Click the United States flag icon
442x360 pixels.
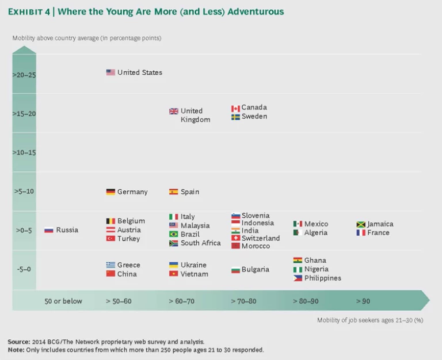click(x=110, y=72)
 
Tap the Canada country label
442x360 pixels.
click(x=254, y=108)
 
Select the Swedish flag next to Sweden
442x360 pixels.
click(x=235, y=117)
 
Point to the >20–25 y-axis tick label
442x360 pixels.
click(x=24, y=74)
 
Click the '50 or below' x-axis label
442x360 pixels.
click(x=63, y=301)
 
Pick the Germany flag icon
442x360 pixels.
click(x=110, y=192)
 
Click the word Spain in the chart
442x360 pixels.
click(x=190, y=192)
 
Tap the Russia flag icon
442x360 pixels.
click(x=49, y=230)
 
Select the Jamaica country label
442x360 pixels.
click(x=380, y=224)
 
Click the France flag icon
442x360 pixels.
click(x=361, y=233)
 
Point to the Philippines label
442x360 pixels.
click(x=323, y=278)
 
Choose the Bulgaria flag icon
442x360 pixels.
click(x=235, y=270)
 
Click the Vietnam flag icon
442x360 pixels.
click(x=173, y=274)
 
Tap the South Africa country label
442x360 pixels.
click(x=200, y=243)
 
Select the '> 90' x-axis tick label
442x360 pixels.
click(x=363, y=301)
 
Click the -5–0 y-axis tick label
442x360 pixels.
click(x=24, y=269)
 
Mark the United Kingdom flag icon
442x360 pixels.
click(x=173, y=112)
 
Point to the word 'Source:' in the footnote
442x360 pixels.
click(x=19, y=341)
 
